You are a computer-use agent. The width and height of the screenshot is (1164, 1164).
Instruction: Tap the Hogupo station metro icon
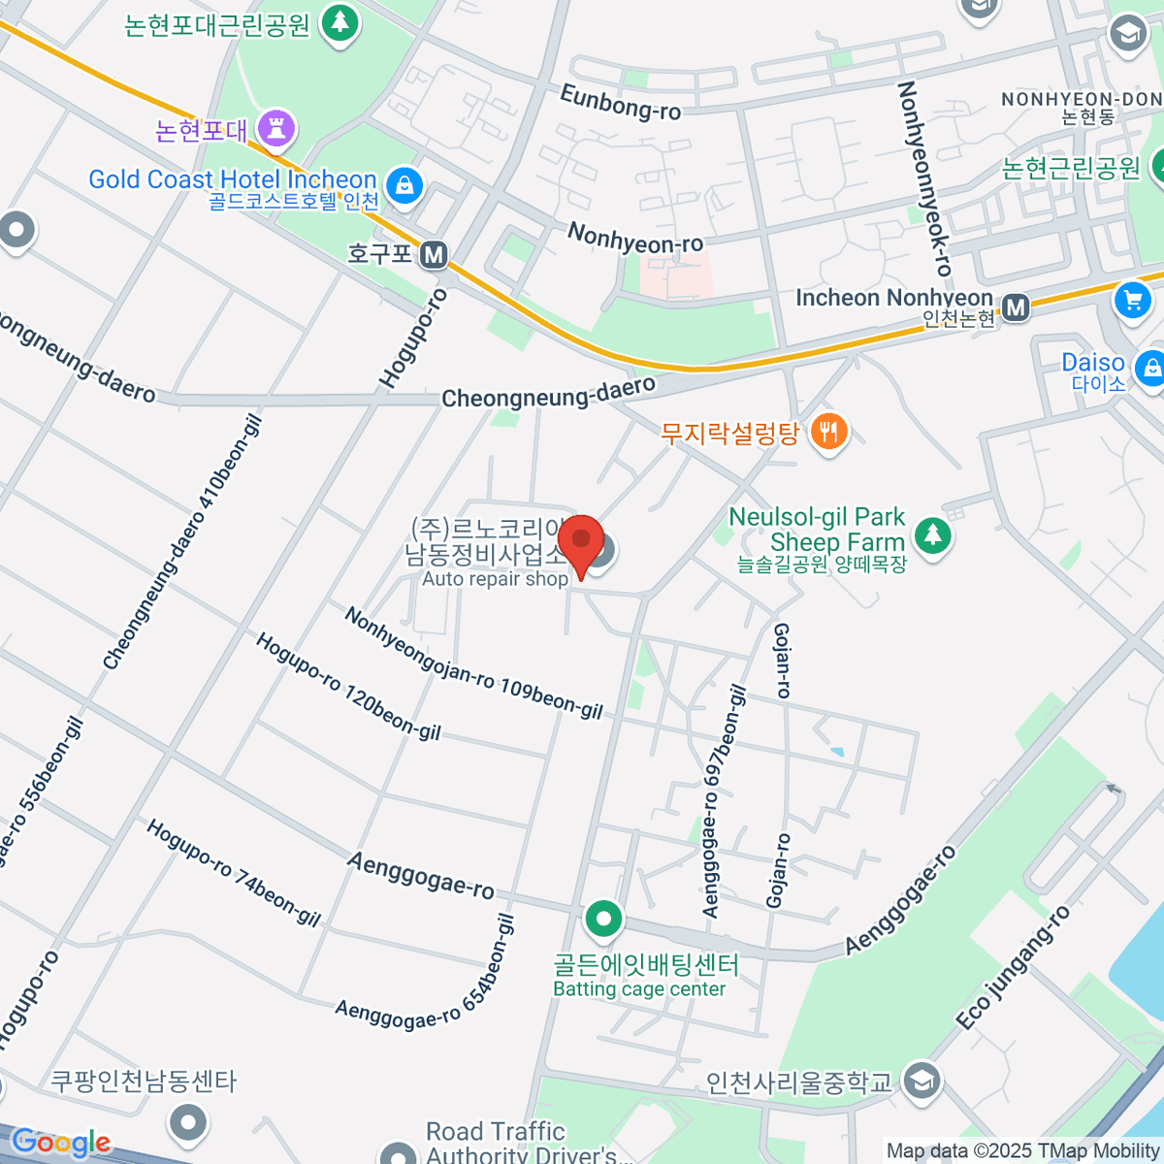pyautogui.click(x=434, y=255)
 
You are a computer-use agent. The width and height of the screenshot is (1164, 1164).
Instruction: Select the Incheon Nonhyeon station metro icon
pyautogui.click(x=1016, y=307)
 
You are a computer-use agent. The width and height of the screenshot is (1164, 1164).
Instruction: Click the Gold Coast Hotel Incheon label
pyautogui.click(x=233, y=180)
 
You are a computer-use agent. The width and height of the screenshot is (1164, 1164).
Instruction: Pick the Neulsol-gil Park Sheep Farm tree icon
pyautogui.click(x=933, y=533)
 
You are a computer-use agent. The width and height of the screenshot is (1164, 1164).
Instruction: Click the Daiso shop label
pyautogui.click(x=1093, y=363)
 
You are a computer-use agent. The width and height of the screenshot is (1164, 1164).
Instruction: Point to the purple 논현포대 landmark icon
pyautogui.click(x=277, y=127)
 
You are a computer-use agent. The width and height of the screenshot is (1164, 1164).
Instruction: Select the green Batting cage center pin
pyautogui.click(x=603, y=919)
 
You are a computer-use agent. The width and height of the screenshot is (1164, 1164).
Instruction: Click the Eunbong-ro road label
pyautogui.click(x=621, y=102)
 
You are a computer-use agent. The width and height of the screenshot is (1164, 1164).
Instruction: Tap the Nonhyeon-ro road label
pyautogui.click(x=635, y=238)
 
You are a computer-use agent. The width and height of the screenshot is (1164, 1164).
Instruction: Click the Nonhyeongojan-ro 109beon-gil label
pyautogui.click(x=473, y=664)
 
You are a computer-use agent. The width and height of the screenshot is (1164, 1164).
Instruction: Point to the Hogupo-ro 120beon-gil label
pyautogui.click(x=348, y=686)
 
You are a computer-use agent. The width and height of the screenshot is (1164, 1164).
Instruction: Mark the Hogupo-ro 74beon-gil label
pyautogui.click(x=233, y=872)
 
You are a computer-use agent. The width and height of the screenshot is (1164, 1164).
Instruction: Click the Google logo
pyautogui.click(x=60, y=1143)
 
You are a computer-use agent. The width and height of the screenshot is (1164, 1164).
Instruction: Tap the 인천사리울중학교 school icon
pyautogui.click(x=921, y=1082)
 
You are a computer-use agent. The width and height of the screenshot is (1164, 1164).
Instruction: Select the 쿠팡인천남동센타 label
pyautogui.click(x=144, y=1081)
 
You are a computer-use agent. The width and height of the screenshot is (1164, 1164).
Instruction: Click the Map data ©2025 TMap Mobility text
pyautogui.click(x=1023, y=1151)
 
